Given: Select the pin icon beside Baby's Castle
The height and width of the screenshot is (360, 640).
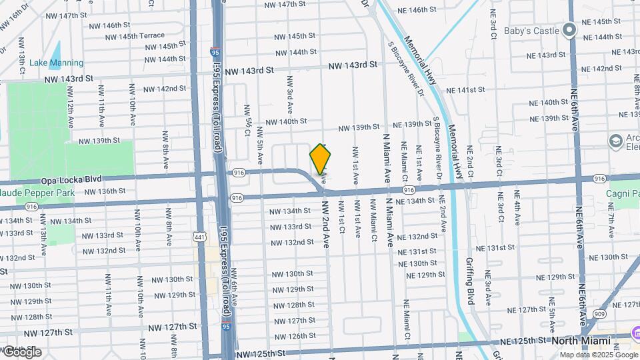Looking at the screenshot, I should (569, 29).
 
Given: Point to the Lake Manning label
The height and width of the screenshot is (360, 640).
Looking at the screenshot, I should (56, 63).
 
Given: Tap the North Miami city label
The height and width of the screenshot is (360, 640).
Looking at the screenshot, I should (581, 341).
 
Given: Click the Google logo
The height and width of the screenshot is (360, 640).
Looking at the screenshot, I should (22, 351).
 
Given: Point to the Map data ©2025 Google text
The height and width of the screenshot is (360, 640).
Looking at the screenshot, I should (598, 355).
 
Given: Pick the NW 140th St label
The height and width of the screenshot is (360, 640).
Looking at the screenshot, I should (286, 121).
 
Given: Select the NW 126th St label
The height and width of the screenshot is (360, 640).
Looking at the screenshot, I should (294, 336).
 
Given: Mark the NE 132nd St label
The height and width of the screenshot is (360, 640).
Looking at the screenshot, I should (417, 237).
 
